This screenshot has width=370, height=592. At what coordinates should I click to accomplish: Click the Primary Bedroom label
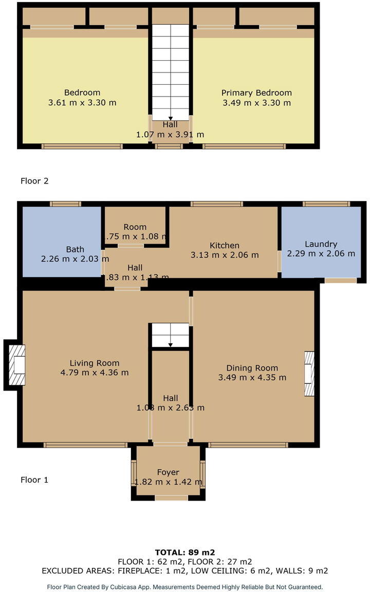coord(256,93)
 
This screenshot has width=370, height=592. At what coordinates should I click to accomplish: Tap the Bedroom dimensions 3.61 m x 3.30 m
coord(82,103)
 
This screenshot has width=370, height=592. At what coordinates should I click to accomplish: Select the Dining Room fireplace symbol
coord(309,374)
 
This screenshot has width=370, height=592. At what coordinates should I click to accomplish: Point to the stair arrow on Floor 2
coord(171,118)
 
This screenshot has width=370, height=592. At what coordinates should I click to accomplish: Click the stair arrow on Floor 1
coord(171,344)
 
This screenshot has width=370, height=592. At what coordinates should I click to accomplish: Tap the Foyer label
coord(168,472)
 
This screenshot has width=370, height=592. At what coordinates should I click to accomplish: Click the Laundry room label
coord(321,244)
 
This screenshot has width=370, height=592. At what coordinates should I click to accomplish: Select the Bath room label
coord(75,249)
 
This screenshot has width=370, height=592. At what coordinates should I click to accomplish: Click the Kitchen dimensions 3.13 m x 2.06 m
coord(225,255)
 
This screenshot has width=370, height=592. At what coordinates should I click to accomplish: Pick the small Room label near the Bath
coord(135,227)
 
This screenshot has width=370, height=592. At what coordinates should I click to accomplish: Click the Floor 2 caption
coord(34,181)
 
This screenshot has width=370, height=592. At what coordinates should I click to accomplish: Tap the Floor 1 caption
coord(34,480)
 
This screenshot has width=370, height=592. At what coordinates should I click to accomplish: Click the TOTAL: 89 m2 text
coord(184,552)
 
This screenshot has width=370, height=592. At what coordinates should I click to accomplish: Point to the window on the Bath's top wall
coord(65,204)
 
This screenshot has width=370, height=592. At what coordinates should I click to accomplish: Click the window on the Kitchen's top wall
coord(216,204)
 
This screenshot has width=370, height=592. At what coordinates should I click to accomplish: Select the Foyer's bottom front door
coord(171,497)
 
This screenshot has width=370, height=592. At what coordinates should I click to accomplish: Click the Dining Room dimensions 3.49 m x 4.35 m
coord(252,378)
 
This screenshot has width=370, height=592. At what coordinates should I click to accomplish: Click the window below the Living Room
coord(85,445)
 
